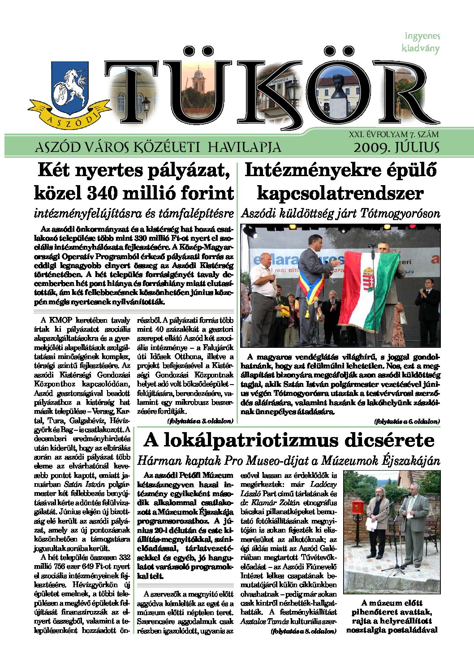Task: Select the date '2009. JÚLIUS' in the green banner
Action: (x=396, y=147)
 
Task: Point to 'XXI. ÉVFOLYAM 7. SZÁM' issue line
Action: (x=393, y=134)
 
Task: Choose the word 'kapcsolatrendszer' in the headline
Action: (x=340, y=193)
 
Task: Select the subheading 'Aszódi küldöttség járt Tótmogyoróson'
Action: (x=340, y=214)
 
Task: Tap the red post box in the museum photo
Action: (x=357, y=506)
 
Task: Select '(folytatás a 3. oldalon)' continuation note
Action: (x=200, y=421)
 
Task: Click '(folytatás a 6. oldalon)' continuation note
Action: (x=407, y=421)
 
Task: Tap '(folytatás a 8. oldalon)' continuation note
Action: (x=303, y=631)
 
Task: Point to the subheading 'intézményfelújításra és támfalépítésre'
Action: (x=134, y=214)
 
